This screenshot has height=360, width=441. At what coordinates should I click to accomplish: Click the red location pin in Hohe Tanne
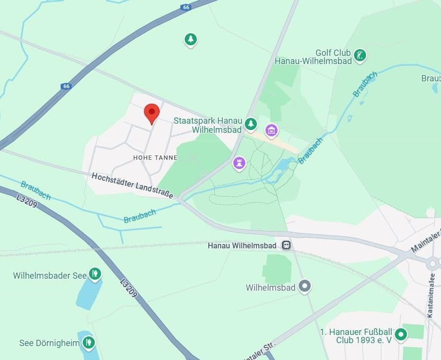click(x=152, y=113)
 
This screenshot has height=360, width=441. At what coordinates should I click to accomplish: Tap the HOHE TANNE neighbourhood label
click(x=155, y=158)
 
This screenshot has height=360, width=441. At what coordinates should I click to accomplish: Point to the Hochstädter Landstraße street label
click(x=132, y=185)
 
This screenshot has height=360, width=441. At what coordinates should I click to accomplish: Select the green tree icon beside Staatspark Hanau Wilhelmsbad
click(x=251, y=124)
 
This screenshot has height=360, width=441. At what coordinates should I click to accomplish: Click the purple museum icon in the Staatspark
click(x=271, y=129)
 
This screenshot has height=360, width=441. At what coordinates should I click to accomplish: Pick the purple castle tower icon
click(x=239, y=163)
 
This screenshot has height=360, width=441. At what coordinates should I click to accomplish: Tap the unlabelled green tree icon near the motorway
click(x=191, y=39)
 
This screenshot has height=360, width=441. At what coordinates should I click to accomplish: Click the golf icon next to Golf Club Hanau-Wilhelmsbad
click(x=360, y=55)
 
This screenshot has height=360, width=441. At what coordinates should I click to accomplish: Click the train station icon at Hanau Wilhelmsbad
click(x=286, y=245)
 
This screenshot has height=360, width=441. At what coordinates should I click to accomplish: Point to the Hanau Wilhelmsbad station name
click(x=242, y=246)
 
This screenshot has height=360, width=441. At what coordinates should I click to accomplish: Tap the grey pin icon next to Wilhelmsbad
click(x=304, y=286)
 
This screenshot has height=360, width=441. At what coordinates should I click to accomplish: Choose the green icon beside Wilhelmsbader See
click(x=95, y=275)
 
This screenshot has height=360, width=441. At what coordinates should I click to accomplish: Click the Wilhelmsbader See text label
click(x=50, y=276)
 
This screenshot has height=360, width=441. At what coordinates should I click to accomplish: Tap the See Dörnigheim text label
click(x=46, y=343)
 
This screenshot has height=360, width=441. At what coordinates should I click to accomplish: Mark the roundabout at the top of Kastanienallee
click(x=432, y=263)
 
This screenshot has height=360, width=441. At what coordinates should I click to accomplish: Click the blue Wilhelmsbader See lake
click(x=88, y=293)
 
